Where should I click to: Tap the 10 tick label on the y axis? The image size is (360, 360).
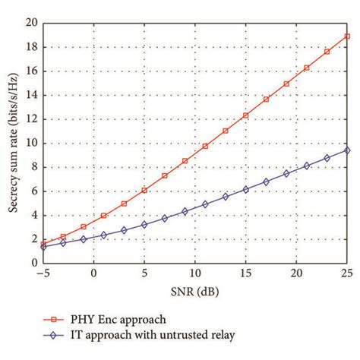click(30, 144)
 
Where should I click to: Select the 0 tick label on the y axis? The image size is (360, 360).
click(33, 263)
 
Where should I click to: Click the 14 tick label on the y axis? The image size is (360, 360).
click(30, 96)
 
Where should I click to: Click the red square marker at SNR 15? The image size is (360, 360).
click(246, 115)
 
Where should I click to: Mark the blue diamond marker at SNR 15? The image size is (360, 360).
click(246, 189)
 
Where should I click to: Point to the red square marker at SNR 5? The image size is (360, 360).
click(144, 190)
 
